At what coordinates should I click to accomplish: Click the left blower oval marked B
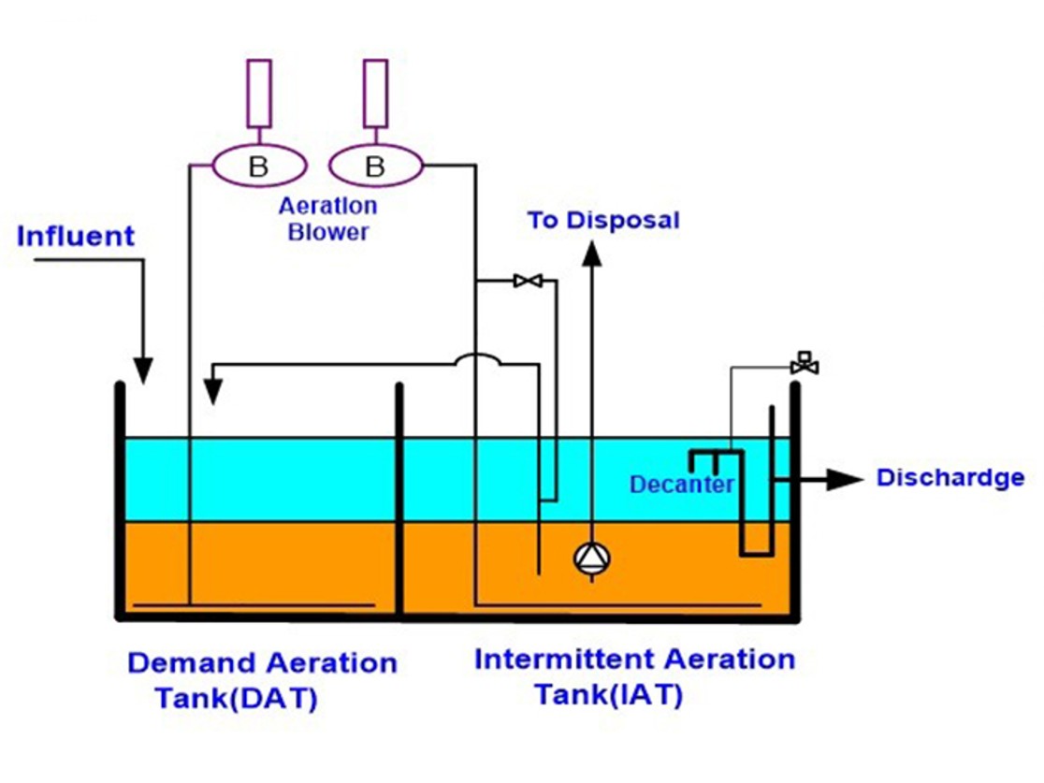click(x=259, y=167)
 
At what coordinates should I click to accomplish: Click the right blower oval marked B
click(x=375, y=167)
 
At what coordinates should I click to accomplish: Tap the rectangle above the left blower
click(x=259, y=94)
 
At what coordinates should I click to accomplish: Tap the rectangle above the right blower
click(x=375, y=94)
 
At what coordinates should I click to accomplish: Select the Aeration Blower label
click(x=327, y=218)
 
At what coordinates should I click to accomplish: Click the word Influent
click(x=76, y=236)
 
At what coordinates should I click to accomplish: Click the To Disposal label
click(x=603, y=221)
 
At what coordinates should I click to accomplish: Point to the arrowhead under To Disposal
click(x=591, y=253)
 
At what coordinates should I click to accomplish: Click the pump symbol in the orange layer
click(x=591, y=558)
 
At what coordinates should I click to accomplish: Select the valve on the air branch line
click(x=528, y=281)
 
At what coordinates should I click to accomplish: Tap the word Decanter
click(x=681, y=485)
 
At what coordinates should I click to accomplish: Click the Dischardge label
click(x=950, y=478)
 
